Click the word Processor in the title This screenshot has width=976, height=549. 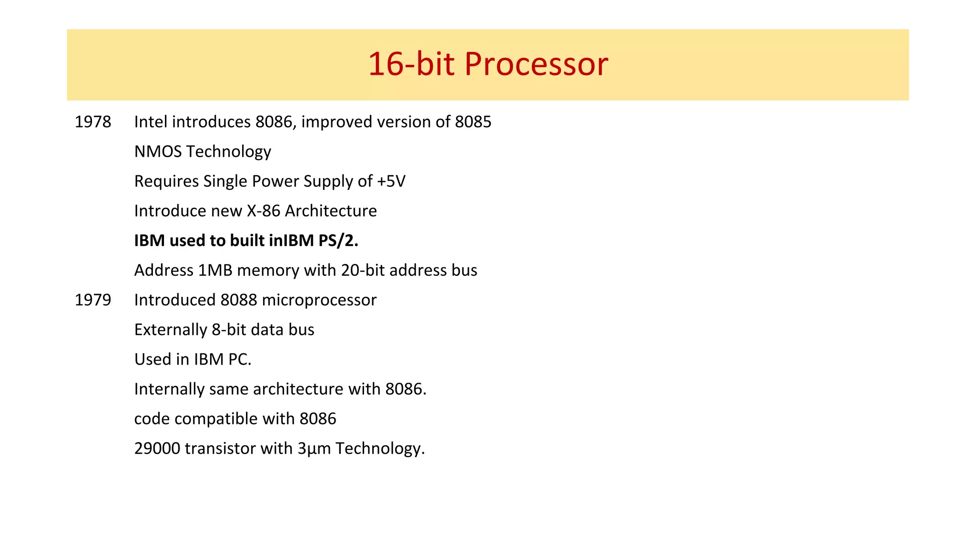[x=536, y=64]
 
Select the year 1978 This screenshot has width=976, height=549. [x=93, y=122]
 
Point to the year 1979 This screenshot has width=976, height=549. [x=93, y=300]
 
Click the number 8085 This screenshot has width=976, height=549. [x=473, y=122]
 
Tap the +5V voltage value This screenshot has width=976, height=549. [x=391, y=181]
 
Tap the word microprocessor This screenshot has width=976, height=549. [x=319, y=300]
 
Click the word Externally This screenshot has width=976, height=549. [x=171, y=330]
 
